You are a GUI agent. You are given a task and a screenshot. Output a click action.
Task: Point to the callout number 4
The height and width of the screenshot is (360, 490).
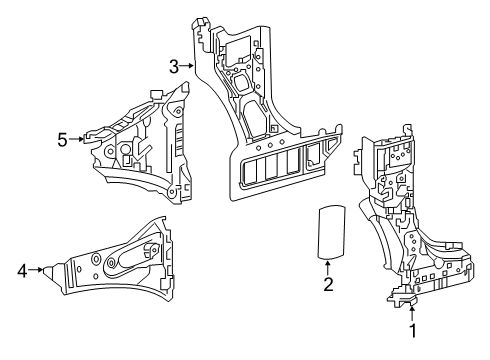coord(22,268)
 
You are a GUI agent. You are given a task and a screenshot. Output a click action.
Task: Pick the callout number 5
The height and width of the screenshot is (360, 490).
coord(62,139)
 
